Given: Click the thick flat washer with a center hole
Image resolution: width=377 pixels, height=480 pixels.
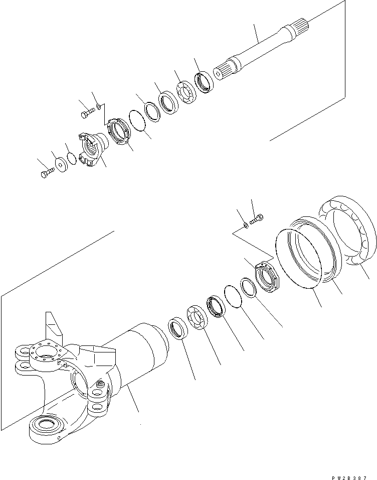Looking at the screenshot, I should click(63, 165).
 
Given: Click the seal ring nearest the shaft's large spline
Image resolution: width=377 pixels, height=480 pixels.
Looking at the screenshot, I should click(205, 83).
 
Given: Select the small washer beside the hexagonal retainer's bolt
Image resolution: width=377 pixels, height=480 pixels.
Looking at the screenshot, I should click(246, 225).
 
